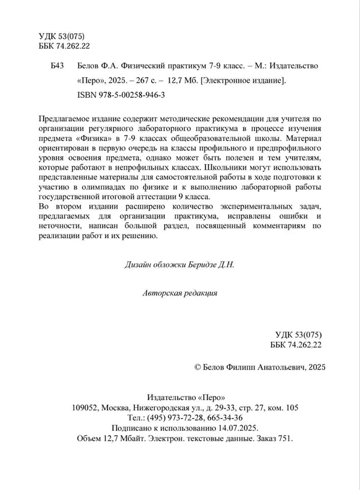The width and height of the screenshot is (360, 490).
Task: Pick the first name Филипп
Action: (x=245, y=366)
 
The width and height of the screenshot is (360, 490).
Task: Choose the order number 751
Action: (x=284, y=438)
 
